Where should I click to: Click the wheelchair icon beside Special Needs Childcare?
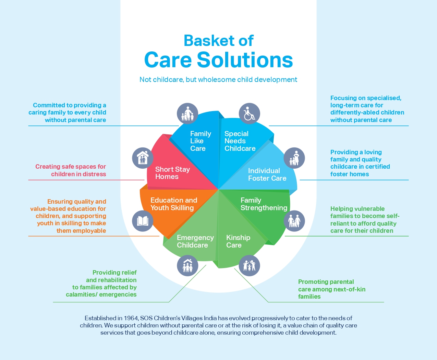249,113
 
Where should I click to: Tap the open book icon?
143,221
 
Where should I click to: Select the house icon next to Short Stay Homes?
143,158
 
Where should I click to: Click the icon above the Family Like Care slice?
187,113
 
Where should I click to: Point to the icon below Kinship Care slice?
249,265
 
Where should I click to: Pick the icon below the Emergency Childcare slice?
187,265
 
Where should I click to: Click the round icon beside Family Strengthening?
294,221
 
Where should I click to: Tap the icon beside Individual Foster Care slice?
294,158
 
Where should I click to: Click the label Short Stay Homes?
172,173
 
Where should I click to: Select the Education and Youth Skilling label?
173,204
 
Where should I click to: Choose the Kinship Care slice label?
238,241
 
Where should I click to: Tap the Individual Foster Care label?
267,175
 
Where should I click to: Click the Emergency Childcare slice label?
195,241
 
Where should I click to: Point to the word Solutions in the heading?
245,60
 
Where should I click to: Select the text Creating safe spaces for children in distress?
71,170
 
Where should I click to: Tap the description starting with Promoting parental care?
331,289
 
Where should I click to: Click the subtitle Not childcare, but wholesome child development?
218,80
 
